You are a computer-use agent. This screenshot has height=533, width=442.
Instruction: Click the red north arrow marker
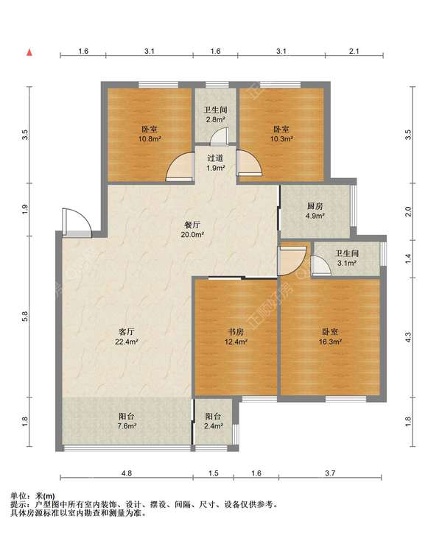click(29, 52)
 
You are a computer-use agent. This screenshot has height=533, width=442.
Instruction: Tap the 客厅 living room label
click(126, 336)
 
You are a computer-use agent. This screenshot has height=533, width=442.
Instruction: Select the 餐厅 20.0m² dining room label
click(192, 230)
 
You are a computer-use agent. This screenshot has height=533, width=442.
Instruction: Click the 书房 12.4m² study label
click(236, 336)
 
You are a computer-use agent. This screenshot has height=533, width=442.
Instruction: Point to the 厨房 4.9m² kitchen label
click(315, 211)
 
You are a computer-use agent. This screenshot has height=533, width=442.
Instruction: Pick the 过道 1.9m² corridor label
click(215, 163)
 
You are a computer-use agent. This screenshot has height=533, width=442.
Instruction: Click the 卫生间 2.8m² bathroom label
click(215, 115)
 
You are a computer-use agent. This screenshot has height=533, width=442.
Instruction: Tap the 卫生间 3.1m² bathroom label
click(347, 258)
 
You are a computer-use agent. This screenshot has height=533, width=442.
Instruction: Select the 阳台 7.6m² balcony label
click(127, 421)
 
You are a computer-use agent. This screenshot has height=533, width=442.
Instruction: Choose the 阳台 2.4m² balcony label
click(214, 421)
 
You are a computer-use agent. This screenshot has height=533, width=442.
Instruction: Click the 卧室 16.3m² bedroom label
click(330, 336)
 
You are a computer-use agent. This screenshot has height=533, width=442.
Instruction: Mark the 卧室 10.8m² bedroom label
click(150, 134)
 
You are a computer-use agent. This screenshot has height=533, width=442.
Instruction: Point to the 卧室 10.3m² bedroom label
click(281, 134)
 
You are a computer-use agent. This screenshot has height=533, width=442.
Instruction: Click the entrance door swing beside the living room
click(77, 222)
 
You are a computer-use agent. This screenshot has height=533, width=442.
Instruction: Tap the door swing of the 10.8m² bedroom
click(180, 166)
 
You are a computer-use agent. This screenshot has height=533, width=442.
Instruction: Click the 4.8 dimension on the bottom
click(126, 473)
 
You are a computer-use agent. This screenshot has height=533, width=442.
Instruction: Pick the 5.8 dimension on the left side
click(24, 316)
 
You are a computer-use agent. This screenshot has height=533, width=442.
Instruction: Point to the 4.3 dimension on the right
click(409, 337)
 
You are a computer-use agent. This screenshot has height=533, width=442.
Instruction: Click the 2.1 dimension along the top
click(354, 51)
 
